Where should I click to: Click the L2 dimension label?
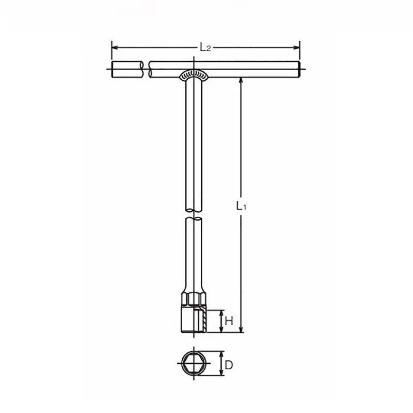205,47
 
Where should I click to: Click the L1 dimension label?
241,205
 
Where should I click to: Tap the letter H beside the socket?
229,321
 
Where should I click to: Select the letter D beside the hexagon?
229,366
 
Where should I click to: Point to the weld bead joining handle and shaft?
194,75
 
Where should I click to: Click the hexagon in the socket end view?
194,363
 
